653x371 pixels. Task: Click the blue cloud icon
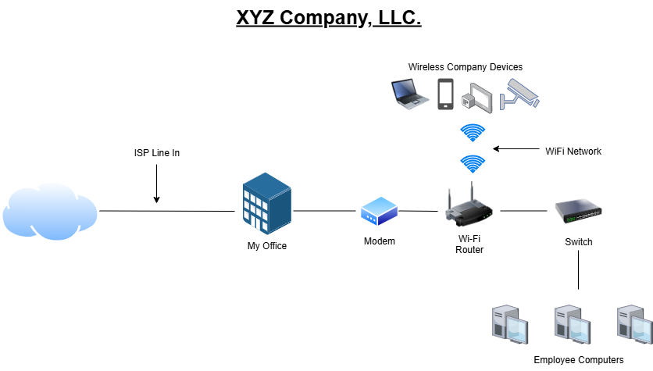click(x=50, y=210)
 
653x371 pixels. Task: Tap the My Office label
click(x=267, y=246)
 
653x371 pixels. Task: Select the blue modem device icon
click(x=380, y=212)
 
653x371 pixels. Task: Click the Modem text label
click(x=380, y=241)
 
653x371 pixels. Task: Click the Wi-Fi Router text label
click(x=469, y=244)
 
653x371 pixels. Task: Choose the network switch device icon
click(x=578, y=211)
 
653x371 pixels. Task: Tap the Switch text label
click(x=579, y=242)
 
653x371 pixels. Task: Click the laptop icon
click(x=410, y=93)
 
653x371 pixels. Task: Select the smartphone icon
click(x=445, y=94)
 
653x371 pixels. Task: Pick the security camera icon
click(x=520, y=94)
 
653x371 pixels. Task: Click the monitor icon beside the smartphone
click(x=478, y=98)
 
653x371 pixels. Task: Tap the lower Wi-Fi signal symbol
click(x=473, y=163)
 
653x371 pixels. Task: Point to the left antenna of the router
click(x=451, y=199)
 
